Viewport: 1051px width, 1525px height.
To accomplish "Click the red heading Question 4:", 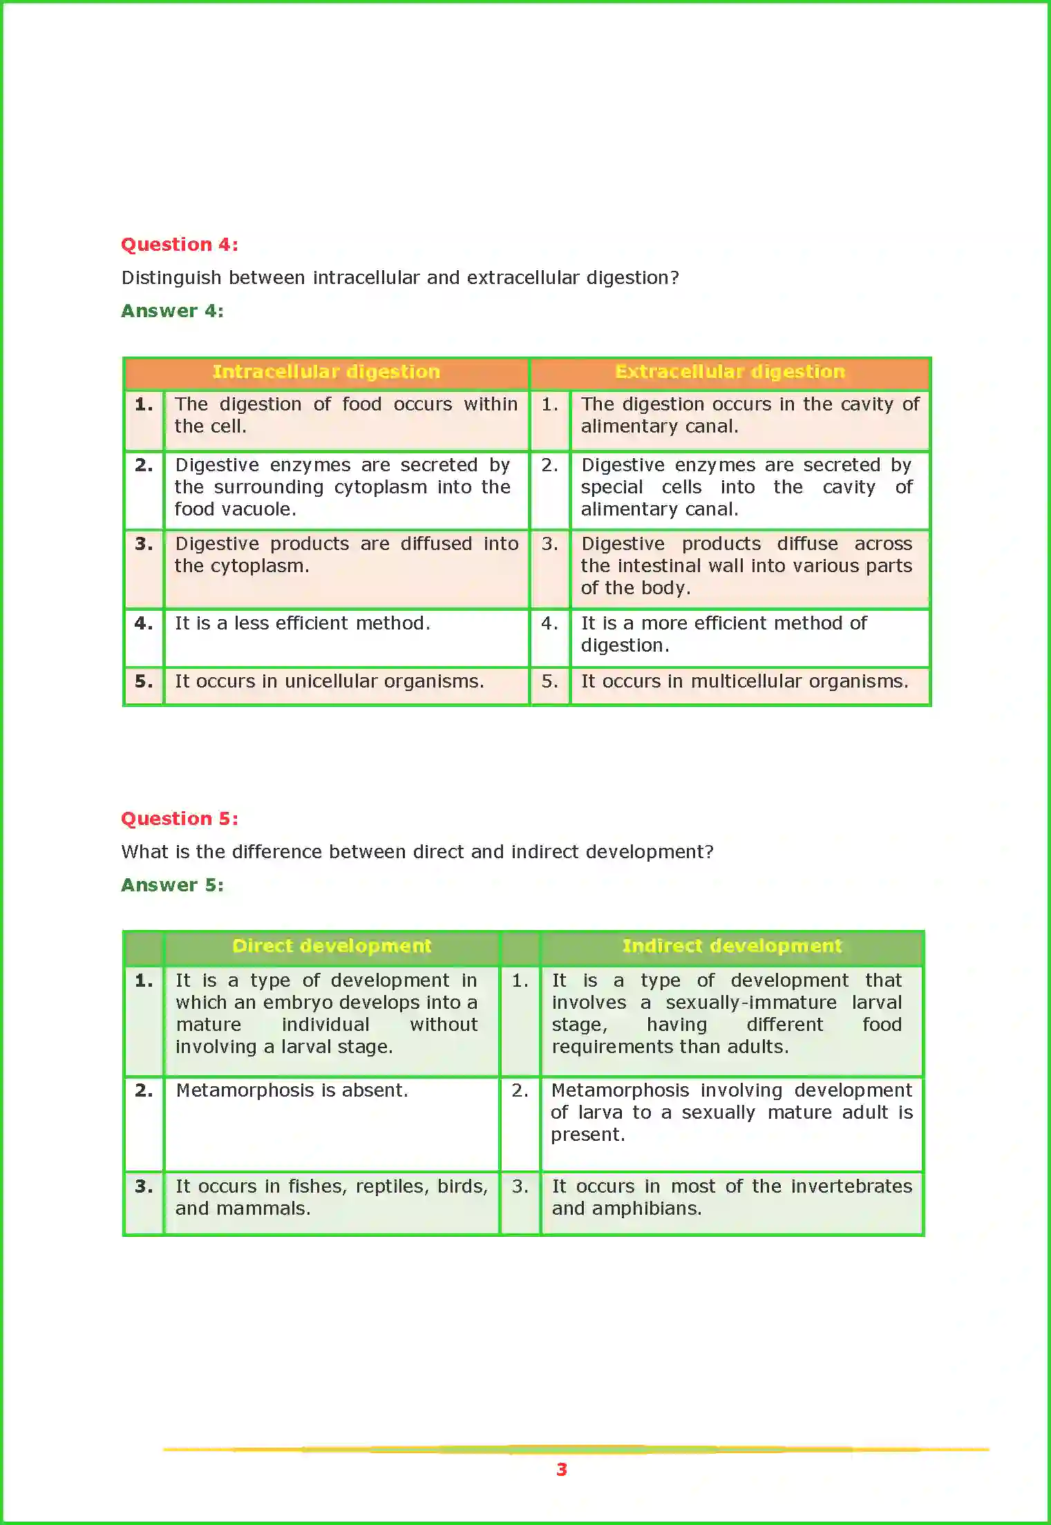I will [x=180, y=245].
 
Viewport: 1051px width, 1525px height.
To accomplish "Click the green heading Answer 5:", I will [x=172, y=885].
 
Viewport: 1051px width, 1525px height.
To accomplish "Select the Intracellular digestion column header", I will [x=326, y=372].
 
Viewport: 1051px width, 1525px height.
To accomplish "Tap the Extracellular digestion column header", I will [x=730, y=372].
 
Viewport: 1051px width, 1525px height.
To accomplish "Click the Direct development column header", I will [x=332, y=946].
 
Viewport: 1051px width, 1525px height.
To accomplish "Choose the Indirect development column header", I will [x=732, y=946].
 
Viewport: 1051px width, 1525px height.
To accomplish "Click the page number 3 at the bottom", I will [x=562, y=1470].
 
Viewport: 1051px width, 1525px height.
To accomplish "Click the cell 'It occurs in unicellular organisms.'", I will [x=329, y=682].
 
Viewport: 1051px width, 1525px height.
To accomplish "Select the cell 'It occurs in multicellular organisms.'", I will [x=744, y=682].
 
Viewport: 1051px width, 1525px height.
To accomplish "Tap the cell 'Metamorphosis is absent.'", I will [x=292, y=1090].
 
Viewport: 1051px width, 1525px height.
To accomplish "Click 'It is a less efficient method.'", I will [x=302, y=623].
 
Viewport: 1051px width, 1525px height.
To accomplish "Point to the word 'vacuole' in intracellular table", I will [x=258, y=510].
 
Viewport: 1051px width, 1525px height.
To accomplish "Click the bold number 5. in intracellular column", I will [x=144, y=682].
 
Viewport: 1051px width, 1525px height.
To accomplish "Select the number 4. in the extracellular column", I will [x=549, y=623].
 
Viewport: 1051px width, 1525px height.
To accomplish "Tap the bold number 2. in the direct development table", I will [x=144, y=1090].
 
